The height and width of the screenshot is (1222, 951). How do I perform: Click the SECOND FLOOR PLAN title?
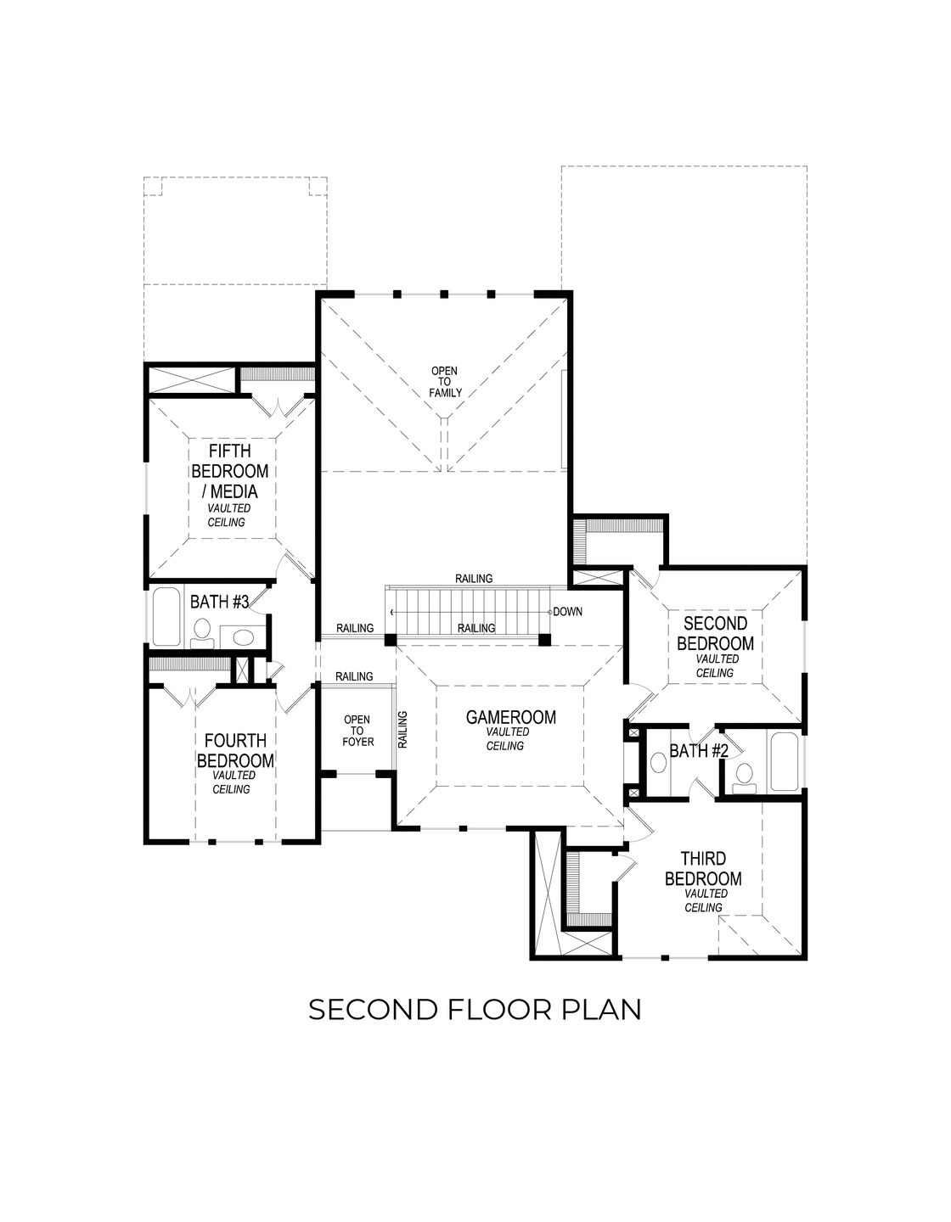point(474,1010)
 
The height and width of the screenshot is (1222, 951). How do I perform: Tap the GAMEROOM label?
point(510,718)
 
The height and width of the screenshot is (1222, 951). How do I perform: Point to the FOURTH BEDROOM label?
point(235,751)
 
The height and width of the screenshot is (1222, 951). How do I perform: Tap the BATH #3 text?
point(219,602)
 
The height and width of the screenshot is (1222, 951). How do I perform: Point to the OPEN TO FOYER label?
point(357,731)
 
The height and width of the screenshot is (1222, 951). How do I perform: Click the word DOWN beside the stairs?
point(567,611)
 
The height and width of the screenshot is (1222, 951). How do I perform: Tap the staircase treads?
point(467,610)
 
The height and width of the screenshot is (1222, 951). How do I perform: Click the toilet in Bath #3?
point(202,631)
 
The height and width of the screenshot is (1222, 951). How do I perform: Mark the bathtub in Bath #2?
point(783,762)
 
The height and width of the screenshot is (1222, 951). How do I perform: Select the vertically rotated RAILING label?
point(402,729)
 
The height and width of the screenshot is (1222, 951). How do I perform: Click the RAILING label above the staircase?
point(473,578)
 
